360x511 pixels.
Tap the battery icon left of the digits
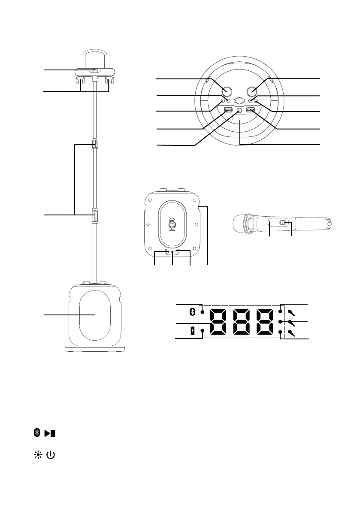(x=193, y=330)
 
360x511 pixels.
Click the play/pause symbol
(x=51, y=433)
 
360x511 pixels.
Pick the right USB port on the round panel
(x=251, y=110)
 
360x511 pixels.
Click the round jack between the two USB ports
(x=239, y=110)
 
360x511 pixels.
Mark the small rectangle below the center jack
(x=239, y=118)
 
